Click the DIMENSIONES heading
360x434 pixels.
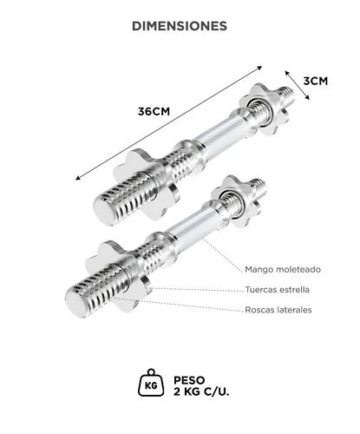click(x=180, y=26)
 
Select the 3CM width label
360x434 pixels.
click(x=315, y=81)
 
